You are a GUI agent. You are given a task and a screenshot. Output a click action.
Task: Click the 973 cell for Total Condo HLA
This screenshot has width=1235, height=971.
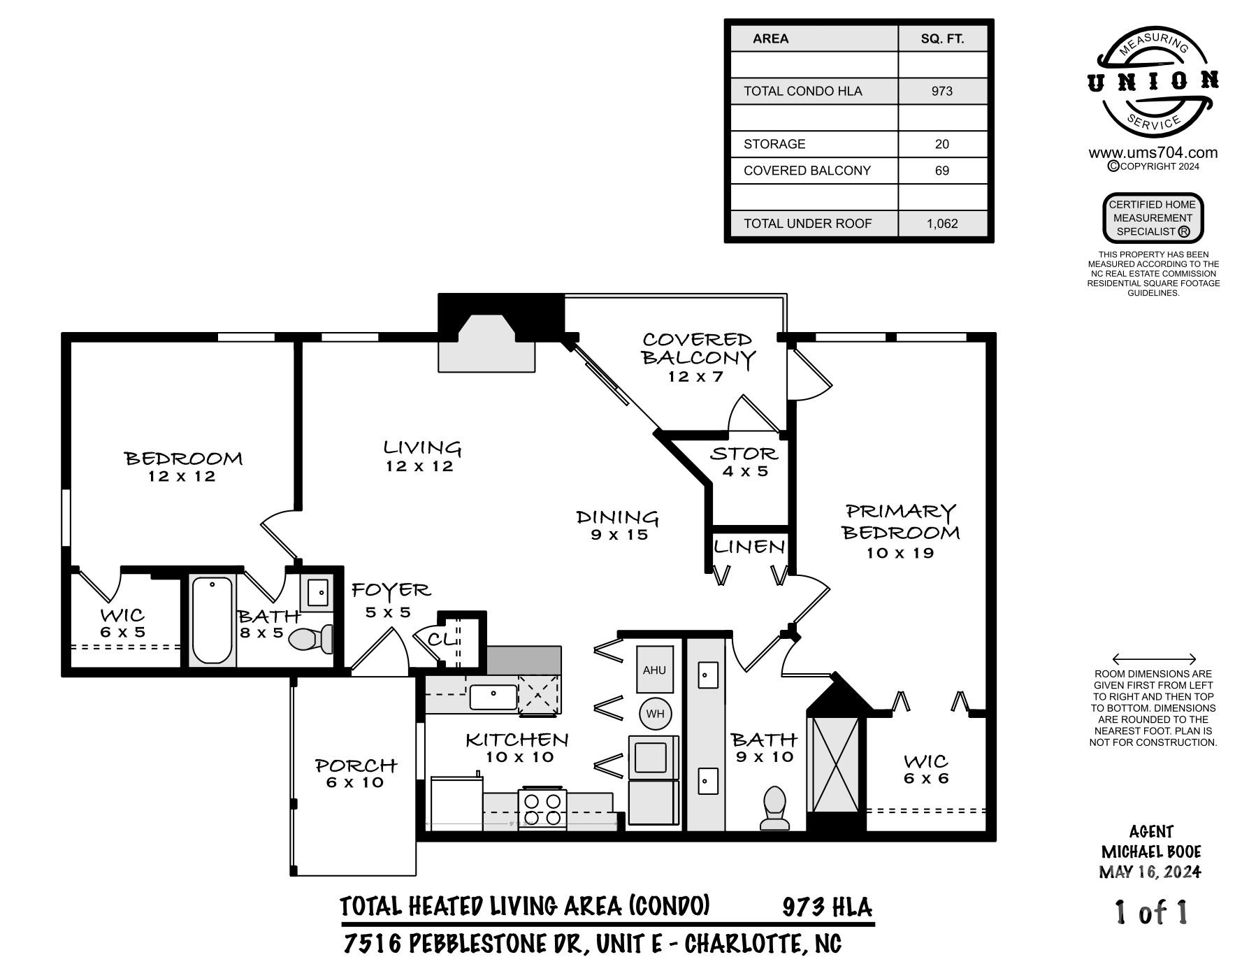[941, 91]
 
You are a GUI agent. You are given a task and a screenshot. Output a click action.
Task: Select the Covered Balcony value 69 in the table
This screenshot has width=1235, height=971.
[941, 171]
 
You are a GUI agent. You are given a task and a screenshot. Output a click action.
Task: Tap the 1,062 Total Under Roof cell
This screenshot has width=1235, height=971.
[941, 224]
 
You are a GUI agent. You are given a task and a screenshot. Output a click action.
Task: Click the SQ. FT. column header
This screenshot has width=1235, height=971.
[941, 39]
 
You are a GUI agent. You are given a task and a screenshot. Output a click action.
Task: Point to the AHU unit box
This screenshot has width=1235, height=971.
[654, 670]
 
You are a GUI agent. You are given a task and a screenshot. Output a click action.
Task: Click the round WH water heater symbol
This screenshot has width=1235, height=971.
[655, 714]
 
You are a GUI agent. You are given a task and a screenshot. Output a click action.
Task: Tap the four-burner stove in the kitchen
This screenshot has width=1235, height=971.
[542, 809]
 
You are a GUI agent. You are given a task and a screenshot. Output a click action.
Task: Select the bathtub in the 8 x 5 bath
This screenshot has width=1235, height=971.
[212, 620]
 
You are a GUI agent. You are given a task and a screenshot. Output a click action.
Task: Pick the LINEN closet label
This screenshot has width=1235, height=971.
[749, 547]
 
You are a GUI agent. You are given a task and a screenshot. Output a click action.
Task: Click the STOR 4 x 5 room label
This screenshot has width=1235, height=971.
[744, 461]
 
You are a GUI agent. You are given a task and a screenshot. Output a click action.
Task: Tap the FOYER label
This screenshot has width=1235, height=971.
[390, 591]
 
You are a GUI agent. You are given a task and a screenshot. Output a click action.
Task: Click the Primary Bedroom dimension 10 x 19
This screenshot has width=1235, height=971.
[900, 553]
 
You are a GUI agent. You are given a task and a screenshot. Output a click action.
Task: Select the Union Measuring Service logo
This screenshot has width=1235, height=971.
[1153, 82]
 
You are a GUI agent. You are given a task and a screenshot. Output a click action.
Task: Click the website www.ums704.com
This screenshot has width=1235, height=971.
[1153, 153]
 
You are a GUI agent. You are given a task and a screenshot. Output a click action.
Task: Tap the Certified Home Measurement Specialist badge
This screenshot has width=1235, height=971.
[1153, 218]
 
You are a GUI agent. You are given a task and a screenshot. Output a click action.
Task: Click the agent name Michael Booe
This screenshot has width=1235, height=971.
[1151, 851]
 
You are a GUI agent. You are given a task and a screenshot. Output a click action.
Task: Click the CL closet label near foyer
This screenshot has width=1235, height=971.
[440, 640]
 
